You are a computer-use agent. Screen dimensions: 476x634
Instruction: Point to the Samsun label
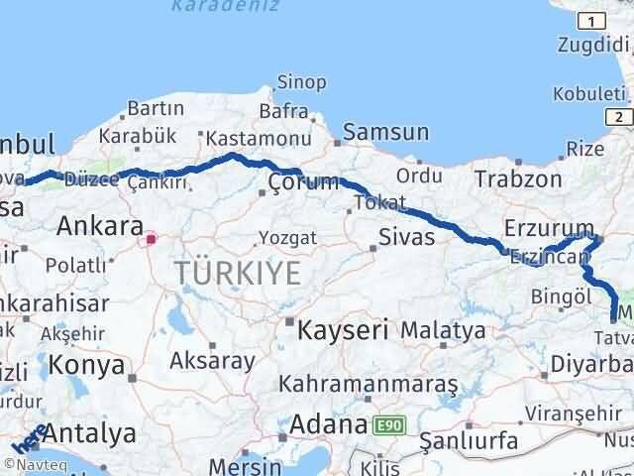[386, 132]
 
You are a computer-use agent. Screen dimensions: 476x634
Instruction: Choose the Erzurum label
[548, 227]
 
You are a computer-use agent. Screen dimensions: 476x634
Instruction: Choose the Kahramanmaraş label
[369, 383]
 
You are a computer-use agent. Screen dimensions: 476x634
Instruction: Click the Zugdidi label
[594, 45]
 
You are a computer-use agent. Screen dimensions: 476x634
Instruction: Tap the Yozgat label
[287, 237]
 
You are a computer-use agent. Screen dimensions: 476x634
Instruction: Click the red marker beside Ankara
[151, 239]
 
